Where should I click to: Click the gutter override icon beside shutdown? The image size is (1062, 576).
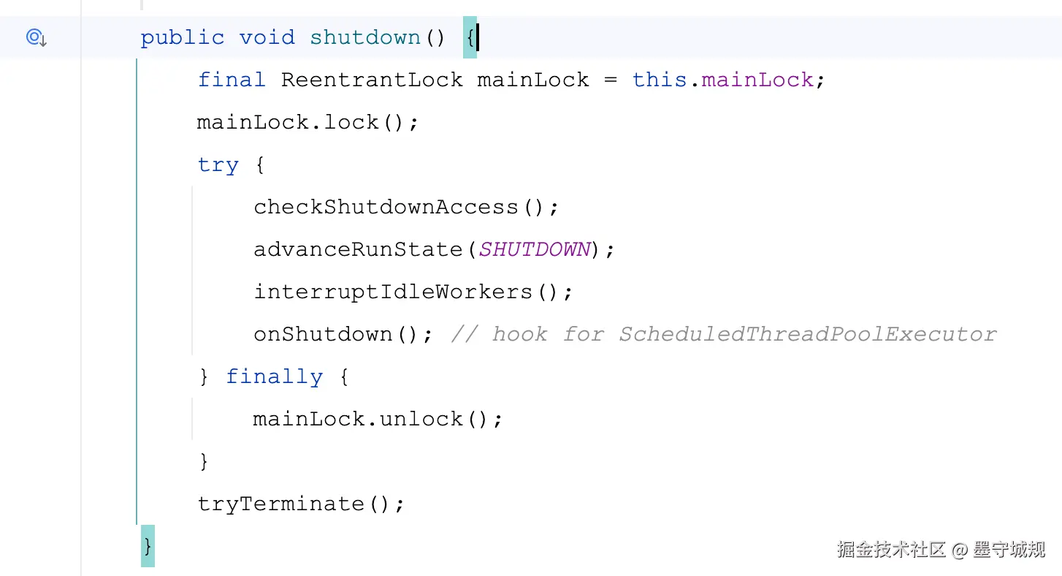click(x=36, y=37)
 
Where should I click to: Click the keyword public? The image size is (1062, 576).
click(x=182, y=37)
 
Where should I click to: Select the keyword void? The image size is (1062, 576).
click(x=267, y=37)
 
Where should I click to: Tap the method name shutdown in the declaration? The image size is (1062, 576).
click(x=365, y=37)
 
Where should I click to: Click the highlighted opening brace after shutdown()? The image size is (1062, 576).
click(x=470, y=37)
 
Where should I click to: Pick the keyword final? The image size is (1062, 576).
click(x=232, y=80)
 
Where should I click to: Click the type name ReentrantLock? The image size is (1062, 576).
click(x=372, y=80)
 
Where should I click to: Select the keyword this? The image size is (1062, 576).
click(x=660, y=80)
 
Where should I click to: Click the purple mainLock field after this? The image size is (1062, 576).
click(x=757, y=80)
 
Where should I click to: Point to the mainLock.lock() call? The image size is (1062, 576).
click(x=307, y=122)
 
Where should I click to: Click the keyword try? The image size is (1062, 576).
click(x=218, y=164)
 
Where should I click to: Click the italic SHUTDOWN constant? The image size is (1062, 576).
click(x=535, y=249)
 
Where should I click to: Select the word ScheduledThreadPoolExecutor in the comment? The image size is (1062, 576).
click(x=807, y=334)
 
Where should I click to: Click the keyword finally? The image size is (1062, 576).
click(x=274, y=376)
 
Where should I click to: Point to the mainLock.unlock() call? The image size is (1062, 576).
click(x=377, y=419)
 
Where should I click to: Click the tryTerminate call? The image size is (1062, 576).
click(x=300, y=504)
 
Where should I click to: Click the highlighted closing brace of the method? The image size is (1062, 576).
click(x=148, y=546)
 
